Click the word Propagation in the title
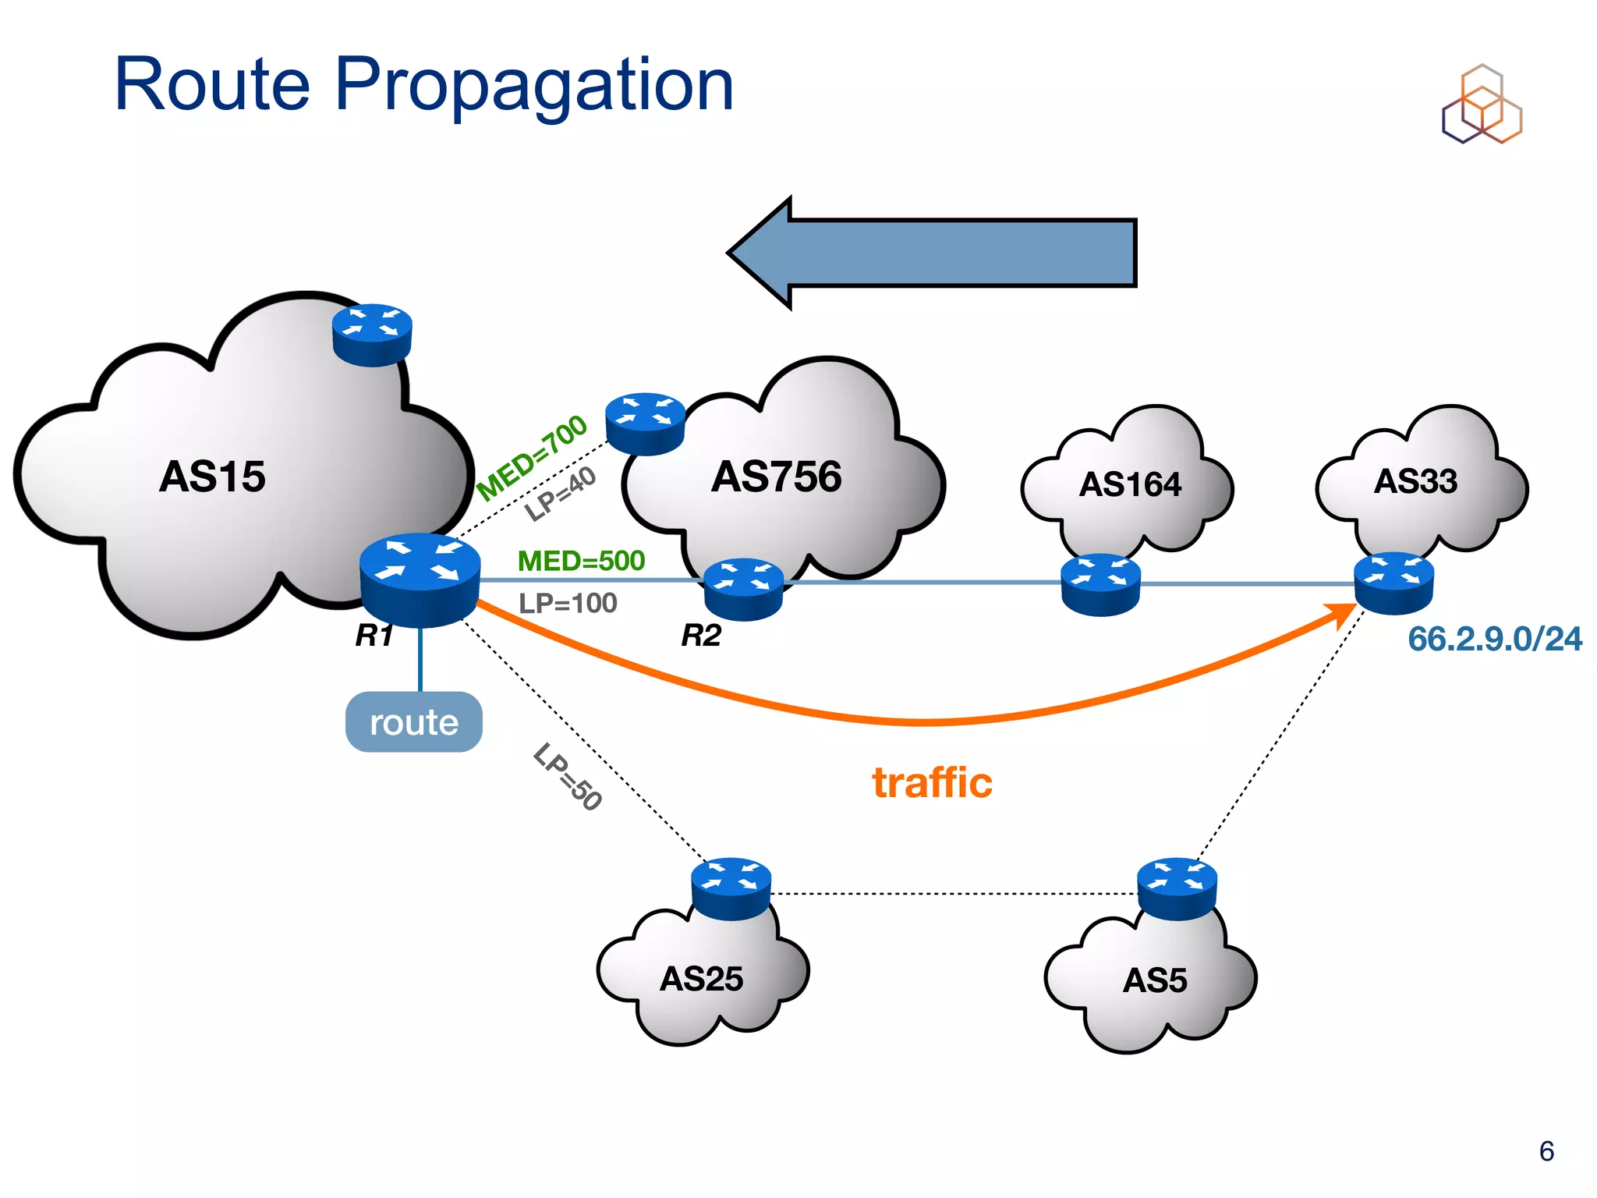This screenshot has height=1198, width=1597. click(534, 86)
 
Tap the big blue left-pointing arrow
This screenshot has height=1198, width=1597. click(932, 253)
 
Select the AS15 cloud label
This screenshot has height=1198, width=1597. click(212, 477)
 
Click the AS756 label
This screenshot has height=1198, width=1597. click(776, 477)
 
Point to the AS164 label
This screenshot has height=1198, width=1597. click(1130, 485)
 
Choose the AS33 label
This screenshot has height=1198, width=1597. click(1415, 481)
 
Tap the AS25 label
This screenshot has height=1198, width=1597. click(701, 979)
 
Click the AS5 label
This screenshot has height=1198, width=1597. click(1154, 980)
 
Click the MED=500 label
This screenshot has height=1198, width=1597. click(581, 561)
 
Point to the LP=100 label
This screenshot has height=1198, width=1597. click(568, 603)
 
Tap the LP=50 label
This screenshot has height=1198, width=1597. click(568, 777)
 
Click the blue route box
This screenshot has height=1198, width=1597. click(413, 722)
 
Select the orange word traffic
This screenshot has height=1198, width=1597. click(932, 782)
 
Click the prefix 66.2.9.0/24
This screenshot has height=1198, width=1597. click(1494, 639)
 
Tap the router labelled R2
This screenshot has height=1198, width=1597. click(743, 589)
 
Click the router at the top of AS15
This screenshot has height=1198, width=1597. click(372, 335)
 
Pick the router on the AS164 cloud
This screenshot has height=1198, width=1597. click(1100, 584)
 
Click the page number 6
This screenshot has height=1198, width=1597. click(1546, 1151)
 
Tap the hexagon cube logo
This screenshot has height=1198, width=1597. click(1481, 105)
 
